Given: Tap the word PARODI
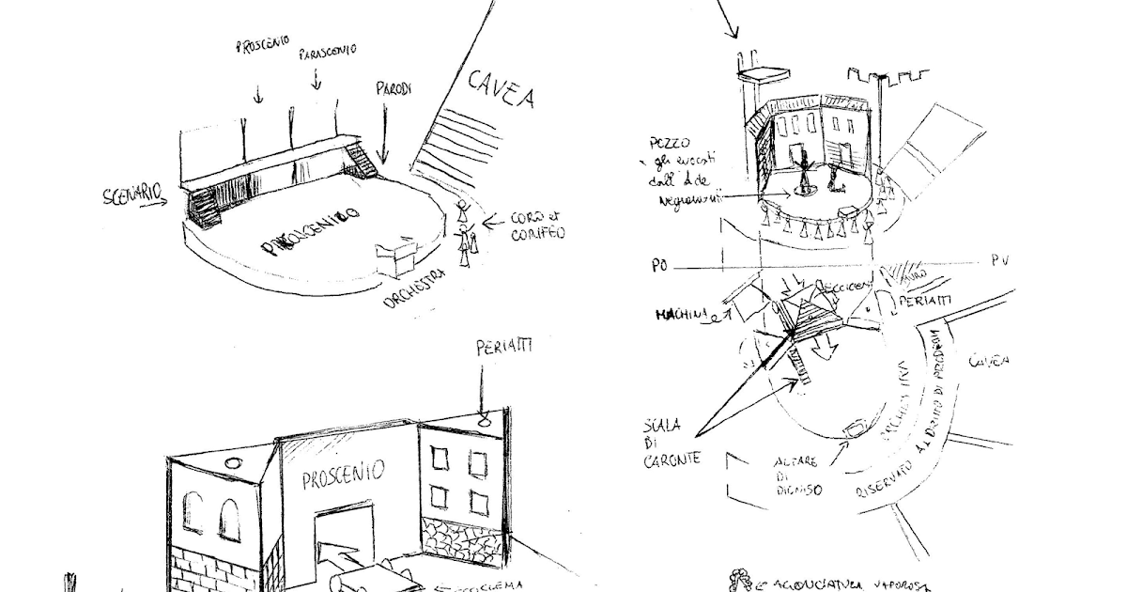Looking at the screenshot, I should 394,89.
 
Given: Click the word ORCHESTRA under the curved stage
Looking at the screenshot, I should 413,291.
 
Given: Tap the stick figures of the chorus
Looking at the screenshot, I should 465,230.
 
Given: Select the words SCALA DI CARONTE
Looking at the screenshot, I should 670,442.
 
